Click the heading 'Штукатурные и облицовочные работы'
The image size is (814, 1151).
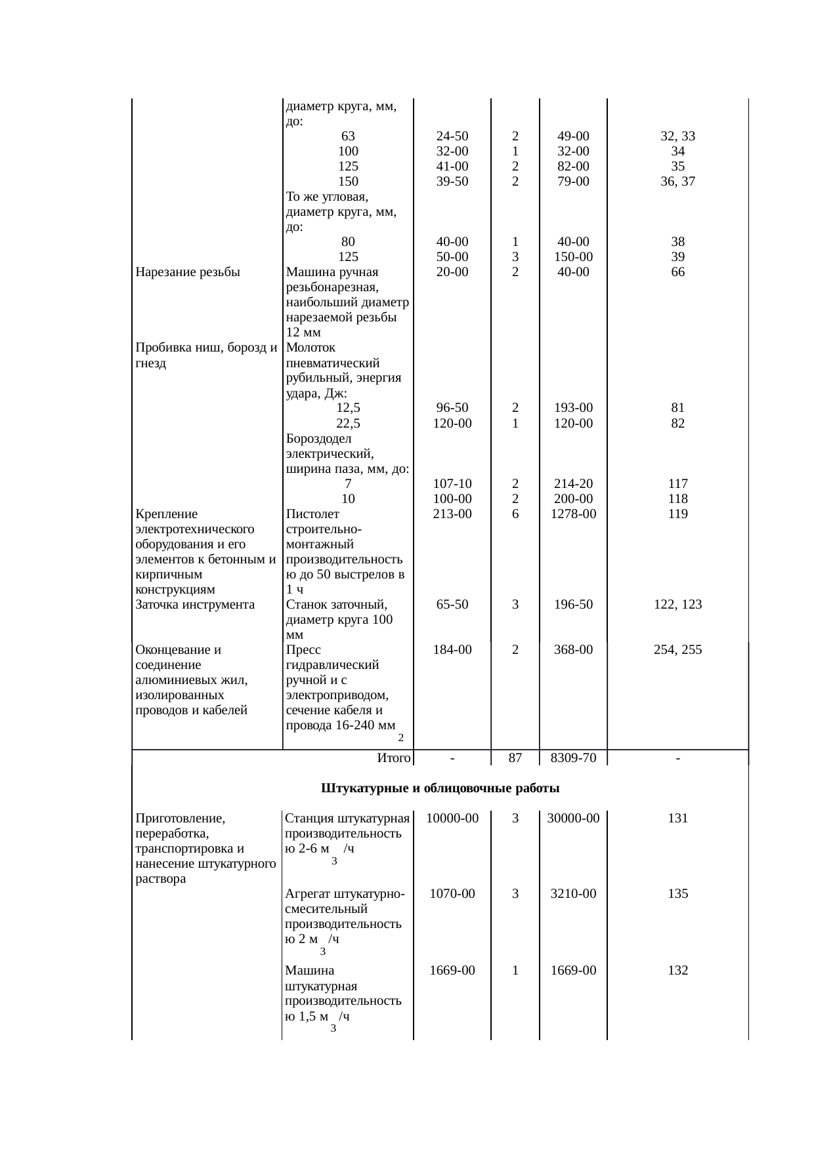click(440, 788)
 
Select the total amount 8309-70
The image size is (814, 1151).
click(573, 758)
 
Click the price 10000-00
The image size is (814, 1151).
click(452, 818)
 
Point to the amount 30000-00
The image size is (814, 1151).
click(573, 818)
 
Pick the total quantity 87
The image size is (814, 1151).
click(515, 758)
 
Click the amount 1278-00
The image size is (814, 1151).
click(573, 514)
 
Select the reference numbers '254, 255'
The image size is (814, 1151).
click(677, 649)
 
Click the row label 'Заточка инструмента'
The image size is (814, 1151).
click(195, 604)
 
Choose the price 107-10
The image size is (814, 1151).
click(452, 483)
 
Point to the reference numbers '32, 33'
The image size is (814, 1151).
click(677, 136)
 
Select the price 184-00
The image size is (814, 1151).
click(452, 649)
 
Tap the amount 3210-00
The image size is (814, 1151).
click(573, 893)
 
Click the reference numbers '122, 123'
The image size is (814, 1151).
click(677, 604)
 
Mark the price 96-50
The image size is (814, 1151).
click(452, 408)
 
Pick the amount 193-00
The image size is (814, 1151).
click(573, 408)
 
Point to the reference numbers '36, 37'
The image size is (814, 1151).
click(677, 182)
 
